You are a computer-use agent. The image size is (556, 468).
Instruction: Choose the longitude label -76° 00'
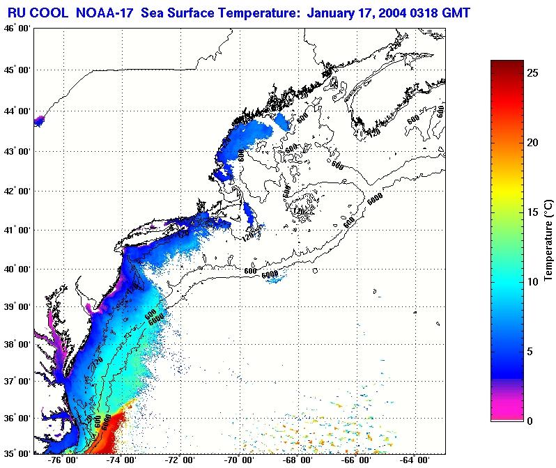point(64,461)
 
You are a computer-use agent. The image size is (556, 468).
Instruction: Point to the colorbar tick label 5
point(531,351)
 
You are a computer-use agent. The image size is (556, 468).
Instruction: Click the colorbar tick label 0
point(531,421)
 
